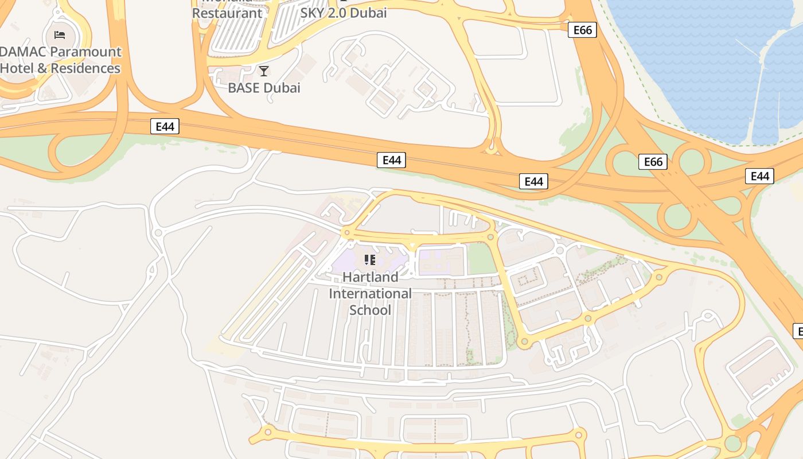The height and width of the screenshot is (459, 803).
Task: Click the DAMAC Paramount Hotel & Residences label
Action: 60,60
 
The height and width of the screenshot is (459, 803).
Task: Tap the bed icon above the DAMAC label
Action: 60,35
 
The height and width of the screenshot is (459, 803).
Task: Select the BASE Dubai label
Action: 264,88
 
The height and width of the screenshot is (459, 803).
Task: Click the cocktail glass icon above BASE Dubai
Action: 264,71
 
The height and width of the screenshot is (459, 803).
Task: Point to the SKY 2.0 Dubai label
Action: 344,13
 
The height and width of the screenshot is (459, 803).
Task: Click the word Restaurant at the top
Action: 227,13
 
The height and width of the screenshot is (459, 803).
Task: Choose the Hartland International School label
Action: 370,293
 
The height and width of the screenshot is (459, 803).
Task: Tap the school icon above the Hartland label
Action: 370,260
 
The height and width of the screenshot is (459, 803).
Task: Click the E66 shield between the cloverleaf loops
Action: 653,162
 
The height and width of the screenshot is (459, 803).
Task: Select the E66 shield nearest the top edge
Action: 582,30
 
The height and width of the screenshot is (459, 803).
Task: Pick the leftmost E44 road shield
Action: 165,126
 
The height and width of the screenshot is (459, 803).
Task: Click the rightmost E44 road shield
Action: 759,176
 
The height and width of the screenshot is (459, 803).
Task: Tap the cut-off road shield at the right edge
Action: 798,331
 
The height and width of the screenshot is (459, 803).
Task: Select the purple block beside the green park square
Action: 441,261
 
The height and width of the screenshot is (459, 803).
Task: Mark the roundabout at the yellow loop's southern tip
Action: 523,342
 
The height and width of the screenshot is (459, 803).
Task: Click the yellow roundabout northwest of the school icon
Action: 346,233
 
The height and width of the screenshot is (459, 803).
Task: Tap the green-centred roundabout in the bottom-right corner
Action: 732,444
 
